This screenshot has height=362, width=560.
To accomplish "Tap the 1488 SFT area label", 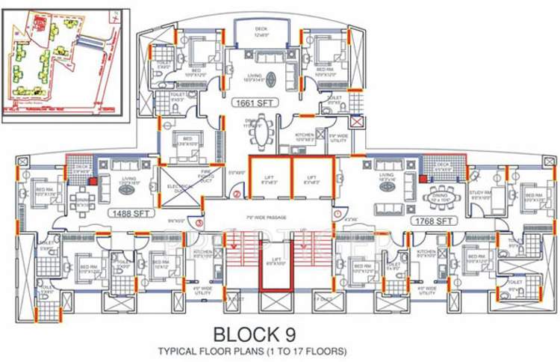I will click(x=128, y=213).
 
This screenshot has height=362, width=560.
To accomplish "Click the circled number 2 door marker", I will click(x=236, y=195).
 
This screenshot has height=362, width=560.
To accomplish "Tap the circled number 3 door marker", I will click(x=199, y=222).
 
